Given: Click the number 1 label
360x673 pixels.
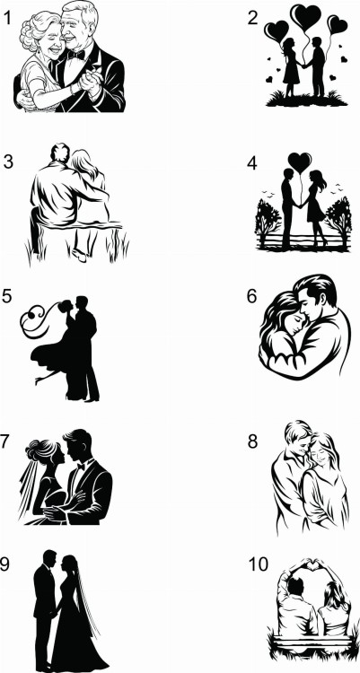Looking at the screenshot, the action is click(7, 18).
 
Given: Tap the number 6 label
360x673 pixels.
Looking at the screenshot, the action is click(251, 297).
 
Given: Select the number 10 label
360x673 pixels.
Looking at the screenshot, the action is click(259, 564).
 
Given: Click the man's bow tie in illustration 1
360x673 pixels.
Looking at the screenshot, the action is click(76, 55).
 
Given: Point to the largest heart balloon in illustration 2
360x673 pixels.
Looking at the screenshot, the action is click(305, 16).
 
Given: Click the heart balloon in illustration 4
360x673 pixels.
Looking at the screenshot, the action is click(300, 162).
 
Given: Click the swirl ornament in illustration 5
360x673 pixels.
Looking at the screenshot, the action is click(38, 319).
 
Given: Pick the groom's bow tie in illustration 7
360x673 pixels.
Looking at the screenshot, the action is click(81, 466).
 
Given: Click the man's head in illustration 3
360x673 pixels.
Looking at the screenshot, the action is click(60, 153).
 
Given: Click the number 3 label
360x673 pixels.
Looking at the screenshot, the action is click(8, 162).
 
